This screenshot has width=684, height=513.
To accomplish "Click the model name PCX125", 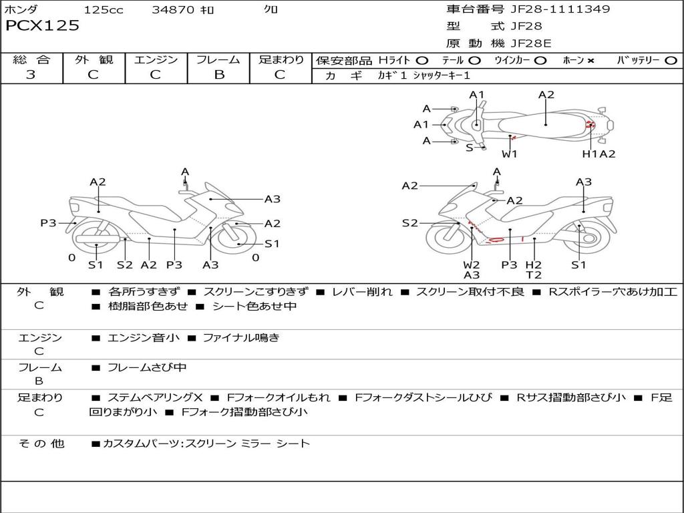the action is point(42,26).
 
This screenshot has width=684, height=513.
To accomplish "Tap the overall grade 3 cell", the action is point(31,75).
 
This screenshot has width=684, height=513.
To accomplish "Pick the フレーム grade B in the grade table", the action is point(219,75).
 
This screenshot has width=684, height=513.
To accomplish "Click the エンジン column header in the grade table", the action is point(156,60).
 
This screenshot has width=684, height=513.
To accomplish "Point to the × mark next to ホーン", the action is point(590,61).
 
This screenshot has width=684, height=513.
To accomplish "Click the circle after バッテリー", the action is point(671,61).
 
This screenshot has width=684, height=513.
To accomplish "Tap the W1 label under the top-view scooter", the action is point(510,154).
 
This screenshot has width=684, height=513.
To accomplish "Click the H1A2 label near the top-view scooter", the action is point(598,154).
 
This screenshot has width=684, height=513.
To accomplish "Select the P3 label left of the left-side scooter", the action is point(48,223).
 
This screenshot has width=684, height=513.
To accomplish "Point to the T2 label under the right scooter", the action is point(533,275).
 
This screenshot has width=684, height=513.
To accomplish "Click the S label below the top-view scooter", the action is point(469,148).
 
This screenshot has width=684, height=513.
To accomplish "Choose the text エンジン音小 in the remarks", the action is point(144,338).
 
